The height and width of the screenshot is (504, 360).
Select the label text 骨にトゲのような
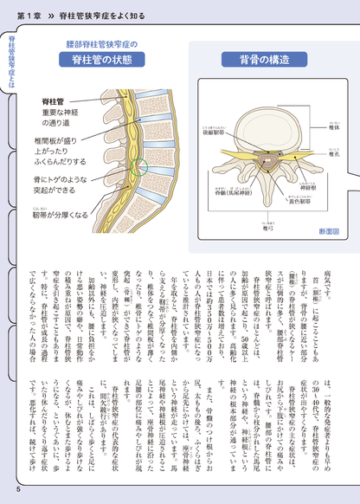pos(63,175)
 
